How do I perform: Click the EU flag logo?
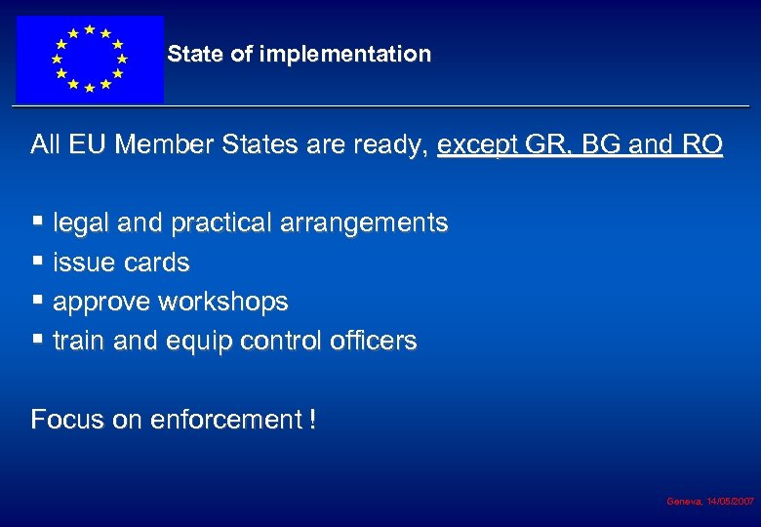click(x=89, y=59)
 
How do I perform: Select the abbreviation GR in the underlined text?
click(x=538, y=145)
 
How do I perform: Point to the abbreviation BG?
click(x=596, y=145)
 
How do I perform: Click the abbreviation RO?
click(x=701, y=145)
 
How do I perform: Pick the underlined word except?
click(x=475, y=146)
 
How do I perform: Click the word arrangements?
click(x=364, y=223)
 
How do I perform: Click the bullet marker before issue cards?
click(x=37, y=261)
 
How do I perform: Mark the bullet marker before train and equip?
click(x=37, y=339)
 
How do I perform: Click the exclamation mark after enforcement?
click(x=311, y=420)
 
